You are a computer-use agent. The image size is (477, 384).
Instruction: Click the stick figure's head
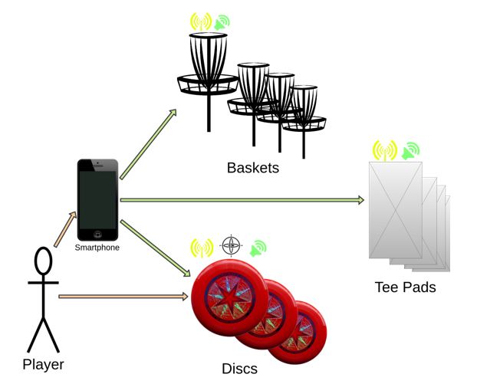coord(44,262)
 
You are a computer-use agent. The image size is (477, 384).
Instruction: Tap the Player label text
coord(43,365)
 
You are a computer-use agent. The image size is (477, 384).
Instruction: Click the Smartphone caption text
coord(97,248)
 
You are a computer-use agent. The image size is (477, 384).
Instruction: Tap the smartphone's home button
coord(97,234)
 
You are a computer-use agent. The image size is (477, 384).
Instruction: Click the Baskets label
coord(252,167)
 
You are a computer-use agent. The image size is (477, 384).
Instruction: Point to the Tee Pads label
coord(405,287)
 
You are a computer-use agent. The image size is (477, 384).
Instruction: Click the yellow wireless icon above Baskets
coord(201,21)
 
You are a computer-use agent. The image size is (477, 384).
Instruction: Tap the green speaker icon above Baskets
coord(222,22)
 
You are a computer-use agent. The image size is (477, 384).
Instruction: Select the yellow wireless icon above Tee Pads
coord(384,149)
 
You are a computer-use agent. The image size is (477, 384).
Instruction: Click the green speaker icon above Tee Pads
coord(410,149)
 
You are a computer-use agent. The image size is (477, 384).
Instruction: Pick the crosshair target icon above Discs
coord(231,245)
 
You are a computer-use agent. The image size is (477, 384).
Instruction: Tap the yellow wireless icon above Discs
coord(202,248)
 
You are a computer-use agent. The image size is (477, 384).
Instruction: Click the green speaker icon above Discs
coord(258,247)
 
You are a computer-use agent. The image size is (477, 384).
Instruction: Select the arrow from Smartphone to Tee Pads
coord(242,201)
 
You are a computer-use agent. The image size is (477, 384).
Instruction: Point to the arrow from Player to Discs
coord(123,295)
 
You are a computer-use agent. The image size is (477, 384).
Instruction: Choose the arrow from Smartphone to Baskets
coord(148,145)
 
